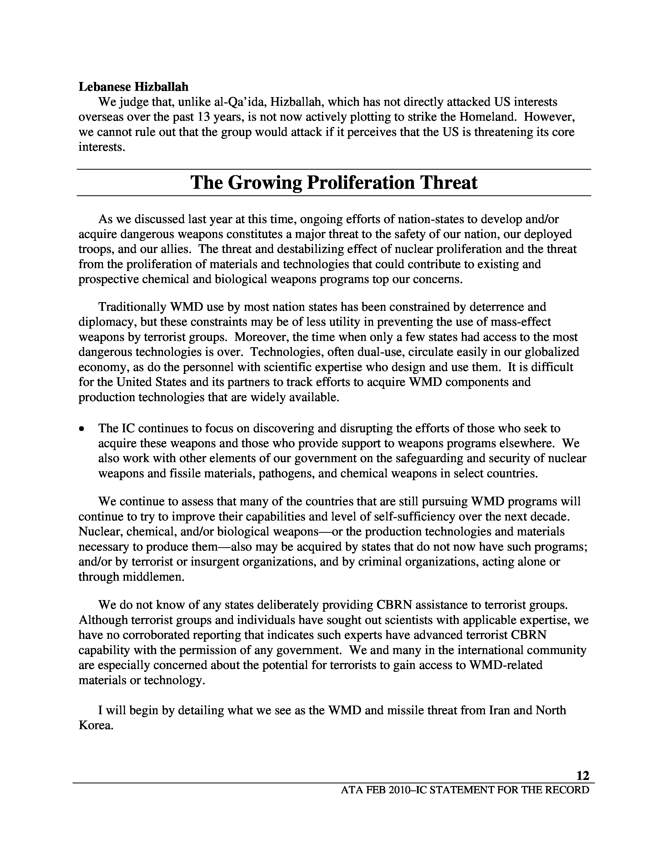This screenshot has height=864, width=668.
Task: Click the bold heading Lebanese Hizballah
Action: click(x=133, y=87)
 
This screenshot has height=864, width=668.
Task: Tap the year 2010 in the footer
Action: click(x=401, y=790)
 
